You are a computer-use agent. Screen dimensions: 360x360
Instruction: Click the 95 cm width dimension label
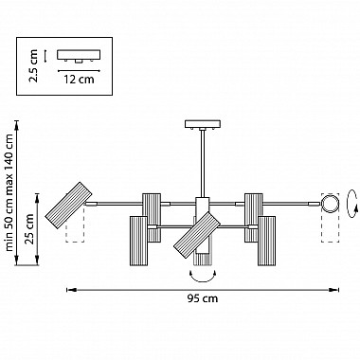click(x=203, y=298)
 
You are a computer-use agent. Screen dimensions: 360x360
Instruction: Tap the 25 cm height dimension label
click(x=29, y=229)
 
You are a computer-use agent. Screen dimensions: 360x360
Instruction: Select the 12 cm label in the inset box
click(x=79, y=79)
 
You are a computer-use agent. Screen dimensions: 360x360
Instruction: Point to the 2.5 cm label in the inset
click(x=33, y=65)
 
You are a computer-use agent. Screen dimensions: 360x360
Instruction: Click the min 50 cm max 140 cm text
click(x=9, y=192)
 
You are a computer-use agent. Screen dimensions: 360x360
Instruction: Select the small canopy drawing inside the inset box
click(x=79, y=56)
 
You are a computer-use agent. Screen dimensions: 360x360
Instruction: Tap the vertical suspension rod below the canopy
click(x=203, y=163)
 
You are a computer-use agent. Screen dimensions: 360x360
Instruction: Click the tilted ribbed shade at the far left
click(x=68, y=206)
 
